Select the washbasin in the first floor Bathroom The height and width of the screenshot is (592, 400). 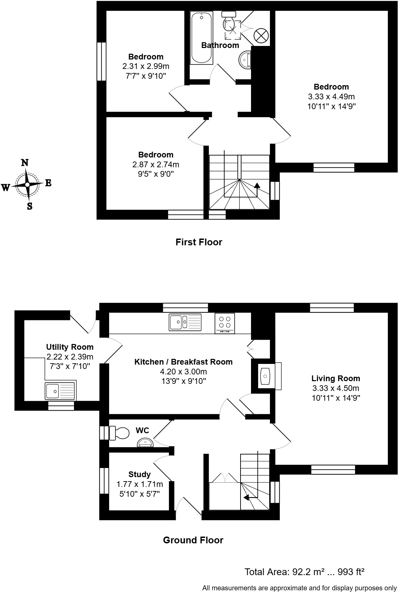pos(245,60)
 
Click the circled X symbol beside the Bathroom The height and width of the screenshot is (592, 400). pos(261,35)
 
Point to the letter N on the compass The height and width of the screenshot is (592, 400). pos(25,163)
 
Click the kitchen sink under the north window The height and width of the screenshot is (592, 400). pos(185,322)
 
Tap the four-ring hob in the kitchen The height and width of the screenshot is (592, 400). pos(225,323)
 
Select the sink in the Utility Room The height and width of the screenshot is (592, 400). pos(60,391)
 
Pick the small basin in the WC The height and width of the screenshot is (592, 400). pos(145,442)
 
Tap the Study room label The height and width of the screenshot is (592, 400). pos(140,474)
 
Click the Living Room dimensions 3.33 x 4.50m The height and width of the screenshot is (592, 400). pos(336,388)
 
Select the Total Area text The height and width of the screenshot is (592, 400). pos(304,572)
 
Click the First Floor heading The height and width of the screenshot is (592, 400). pos(199,242)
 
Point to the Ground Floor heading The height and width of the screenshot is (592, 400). pos(193,540)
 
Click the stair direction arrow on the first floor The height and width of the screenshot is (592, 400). pos(257,186)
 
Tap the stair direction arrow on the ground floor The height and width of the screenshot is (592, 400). pos(246,497)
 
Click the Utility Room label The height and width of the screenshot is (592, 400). pos(70,347)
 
